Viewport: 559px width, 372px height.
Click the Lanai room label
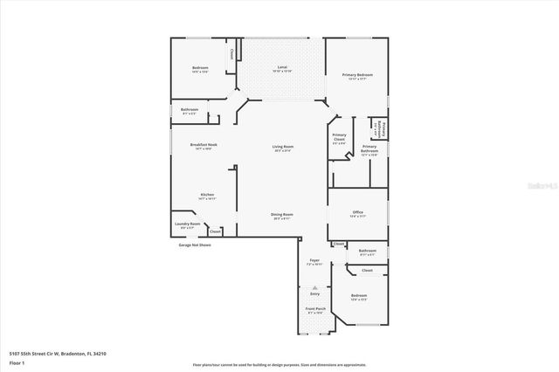(x=282, y=67)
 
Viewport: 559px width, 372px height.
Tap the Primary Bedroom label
(x=352, y=75)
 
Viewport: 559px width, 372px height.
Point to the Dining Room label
(x=282, y=214)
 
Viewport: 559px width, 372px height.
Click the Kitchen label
(x=207, y=195)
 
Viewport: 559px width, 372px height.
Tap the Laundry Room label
(x=188, y=224)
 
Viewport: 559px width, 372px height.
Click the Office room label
(x=357, y=211)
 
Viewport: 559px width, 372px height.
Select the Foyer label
(x=314, y=260)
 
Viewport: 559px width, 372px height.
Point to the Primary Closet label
(x=339, y=137)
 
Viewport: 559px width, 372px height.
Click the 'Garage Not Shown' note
(x=195, y=245)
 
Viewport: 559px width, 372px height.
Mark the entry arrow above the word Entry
(x=314, y=286)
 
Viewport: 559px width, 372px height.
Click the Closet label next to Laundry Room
(x=215, y=231)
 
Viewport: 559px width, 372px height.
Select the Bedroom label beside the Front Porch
(x=359, y=296)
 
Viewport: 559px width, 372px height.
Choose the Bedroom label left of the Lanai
(x=200, y=68)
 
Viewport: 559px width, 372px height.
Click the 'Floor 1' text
(x=17, y=362)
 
